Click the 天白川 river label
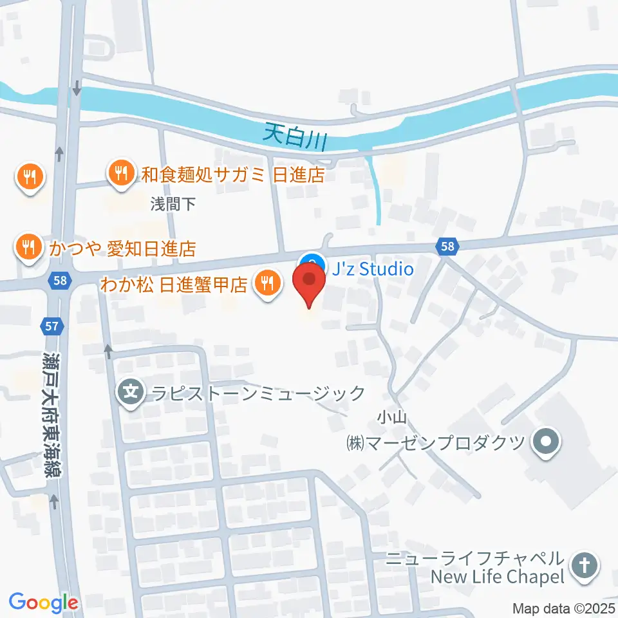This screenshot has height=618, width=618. coord(296,136)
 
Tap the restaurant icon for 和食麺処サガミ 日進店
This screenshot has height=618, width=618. coord(120,173)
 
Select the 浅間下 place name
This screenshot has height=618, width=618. coord(173,204)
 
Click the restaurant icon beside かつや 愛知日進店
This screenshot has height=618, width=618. coord(28,248)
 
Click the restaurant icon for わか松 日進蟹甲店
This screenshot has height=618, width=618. coord(267,285)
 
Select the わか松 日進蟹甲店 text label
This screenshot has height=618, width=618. coord(173,285)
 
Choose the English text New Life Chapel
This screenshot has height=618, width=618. coord(498,576)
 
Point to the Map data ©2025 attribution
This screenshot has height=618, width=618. coord(563,608)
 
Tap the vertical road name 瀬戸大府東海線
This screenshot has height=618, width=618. coord(51,412)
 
